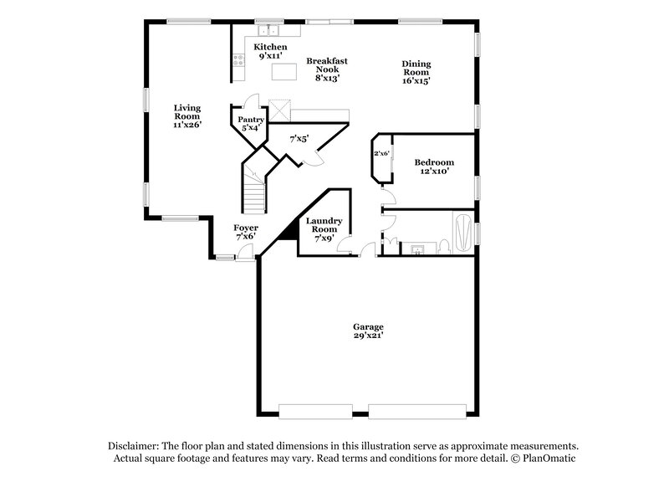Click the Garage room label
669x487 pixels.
(368, 326)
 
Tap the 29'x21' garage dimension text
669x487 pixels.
(368, 336)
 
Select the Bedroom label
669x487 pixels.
(435, 161)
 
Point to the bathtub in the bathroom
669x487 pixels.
(462, 232)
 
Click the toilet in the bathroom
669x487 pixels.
(445, 246)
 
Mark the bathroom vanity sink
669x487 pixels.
(416, 249)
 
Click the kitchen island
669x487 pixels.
(285, 72)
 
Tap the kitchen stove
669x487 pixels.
(238, 60)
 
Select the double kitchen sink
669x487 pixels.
(269, 29)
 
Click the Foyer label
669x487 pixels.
(245, 228)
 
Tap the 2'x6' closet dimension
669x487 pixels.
(382, 153)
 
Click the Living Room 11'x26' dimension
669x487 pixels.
(186, 125)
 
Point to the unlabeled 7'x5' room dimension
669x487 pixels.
(299, 139)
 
